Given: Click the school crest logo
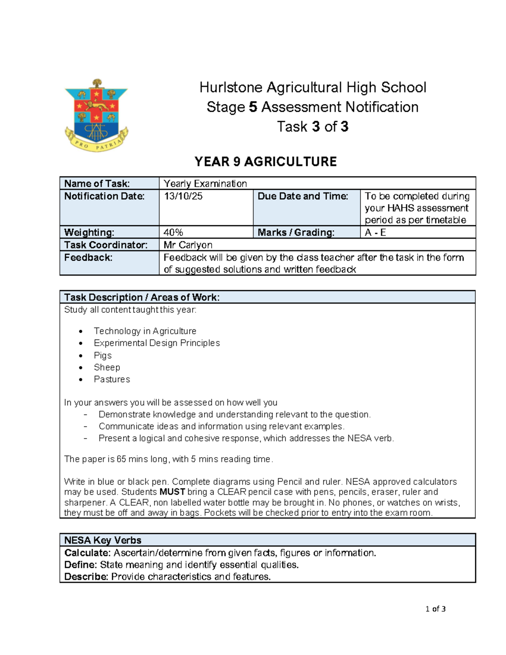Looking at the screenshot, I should click(x=96, y=115).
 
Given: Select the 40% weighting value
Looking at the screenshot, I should click(x=173, y=232).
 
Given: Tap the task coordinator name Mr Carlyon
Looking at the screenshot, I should click(x=188, y=245).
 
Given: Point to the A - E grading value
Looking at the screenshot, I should click(x=375, y=232).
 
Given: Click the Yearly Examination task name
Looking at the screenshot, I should click(x=205, y=183).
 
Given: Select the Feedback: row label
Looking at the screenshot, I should click(x=88, y=258).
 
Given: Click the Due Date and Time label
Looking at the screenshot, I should click(x=303, y=196).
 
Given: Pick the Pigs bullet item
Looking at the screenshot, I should click(x=102, y=356).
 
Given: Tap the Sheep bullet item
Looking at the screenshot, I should click(x=107, y=367).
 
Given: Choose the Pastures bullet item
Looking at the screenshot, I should click(x=112, y=379).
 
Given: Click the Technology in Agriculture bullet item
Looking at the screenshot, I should click(x=145, y=331).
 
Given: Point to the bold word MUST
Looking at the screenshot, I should click(x=172, y=492).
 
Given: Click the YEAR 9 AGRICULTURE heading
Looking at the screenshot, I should click(x=265, y=162).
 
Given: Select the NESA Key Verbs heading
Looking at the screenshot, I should click(x=102, y=540).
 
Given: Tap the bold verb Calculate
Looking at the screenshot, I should click(x=87, y=553).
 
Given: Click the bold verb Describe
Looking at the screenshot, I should click(x=86, y=577).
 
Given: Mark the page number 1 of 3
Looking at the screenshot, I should click(x=436, y=609).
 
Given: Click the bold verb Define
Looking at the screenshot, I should click(x=81, y=565).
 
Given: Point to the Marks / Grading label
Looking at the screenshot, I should click(x=296, y=232).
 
